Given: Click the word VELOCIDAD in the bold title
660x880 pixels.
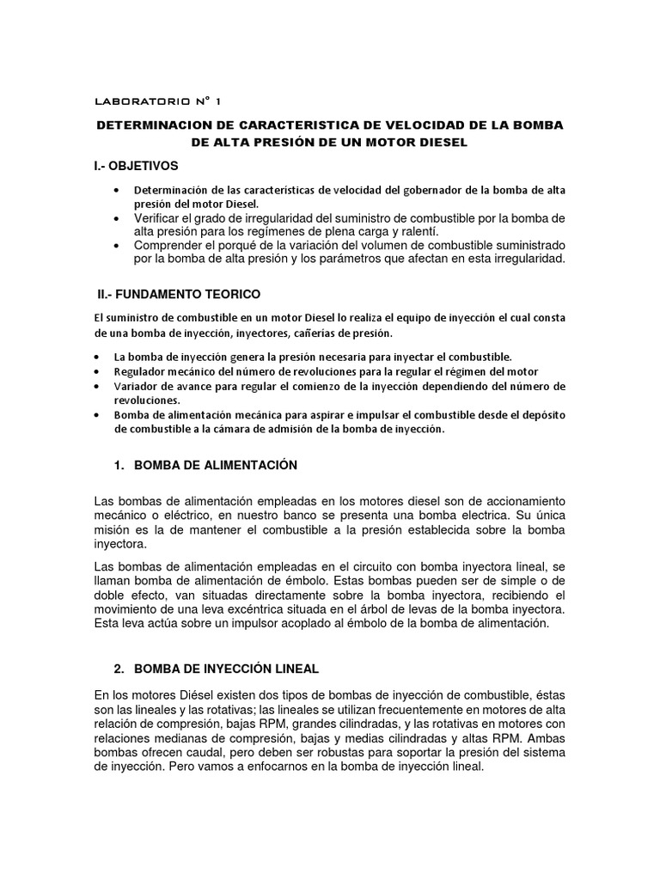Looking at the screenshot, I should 383,125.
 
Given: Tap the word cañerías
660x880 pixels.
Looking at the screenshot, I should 323,333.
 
